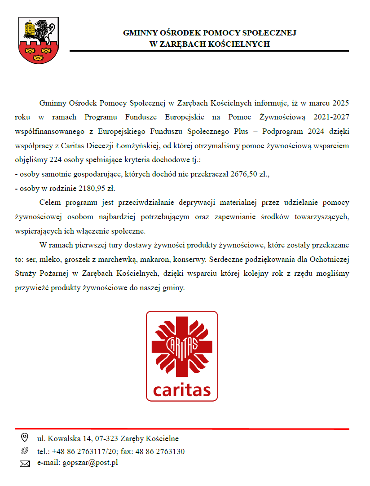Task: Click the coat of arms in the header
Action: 38,40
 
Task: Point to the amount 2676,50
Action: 245,174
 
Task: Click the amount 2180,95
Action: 93,188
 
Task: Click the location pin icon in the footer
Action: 24,437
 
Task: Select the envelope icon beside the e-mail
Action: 25,464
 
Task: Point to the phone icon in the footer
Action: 24,451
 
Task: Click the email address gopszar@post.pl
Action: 90,462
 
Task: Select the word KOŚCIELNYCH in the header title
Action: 242,44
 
